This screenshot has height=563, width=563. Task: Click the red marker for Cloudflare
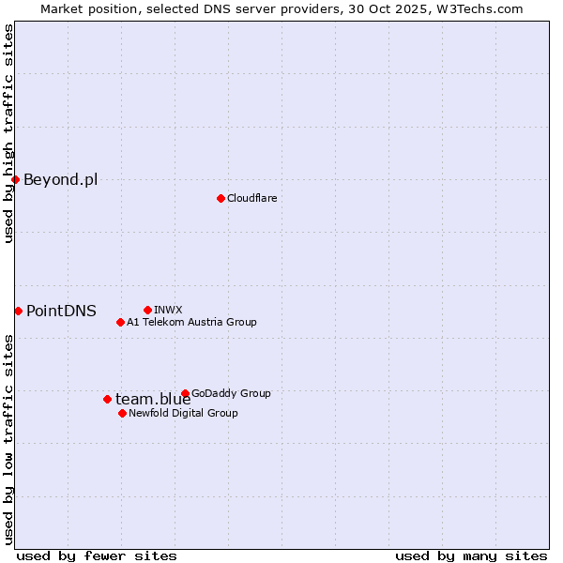(221, 198)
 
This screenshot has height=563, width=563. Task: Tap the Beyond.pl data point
(15, 179)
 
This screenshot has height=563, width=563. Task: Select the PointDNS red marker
(18, 311)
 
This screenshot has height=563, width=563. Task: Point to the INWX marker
(147, 310)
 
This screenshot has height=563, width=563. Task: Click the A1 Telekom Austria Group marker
(120, 322)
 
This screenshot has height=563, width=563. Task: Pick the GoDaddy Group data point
(185, 393)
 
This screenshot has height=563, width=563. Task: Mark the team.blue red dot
(107, 399)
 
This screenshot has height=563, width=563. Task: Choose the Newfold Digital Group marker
(122, 413)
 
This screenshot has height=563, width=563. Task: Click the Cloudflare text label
(251, 198)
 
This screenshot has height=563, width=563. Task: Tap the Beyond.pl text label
(60, 179)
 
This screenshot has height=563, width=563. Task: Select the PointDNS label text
(61, 311)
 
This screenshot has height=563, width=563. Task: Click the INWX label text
(168, 310)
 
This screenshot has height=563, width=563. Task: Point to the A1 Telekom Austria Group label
(191, 322)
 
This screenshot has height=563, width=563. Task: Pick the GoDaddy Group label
(231, 393)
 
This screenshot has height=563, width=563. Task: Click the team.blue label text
(153, 399)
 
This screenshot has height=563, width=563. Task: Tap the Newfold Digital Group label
(183, 413)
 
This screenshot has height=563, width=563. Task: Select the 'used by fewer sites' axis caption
(97, 555)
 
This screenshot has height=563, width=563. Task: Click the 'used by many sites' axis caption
(471, 555)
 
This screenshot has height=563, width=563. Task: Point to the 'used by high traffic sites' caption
(8, 133)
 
